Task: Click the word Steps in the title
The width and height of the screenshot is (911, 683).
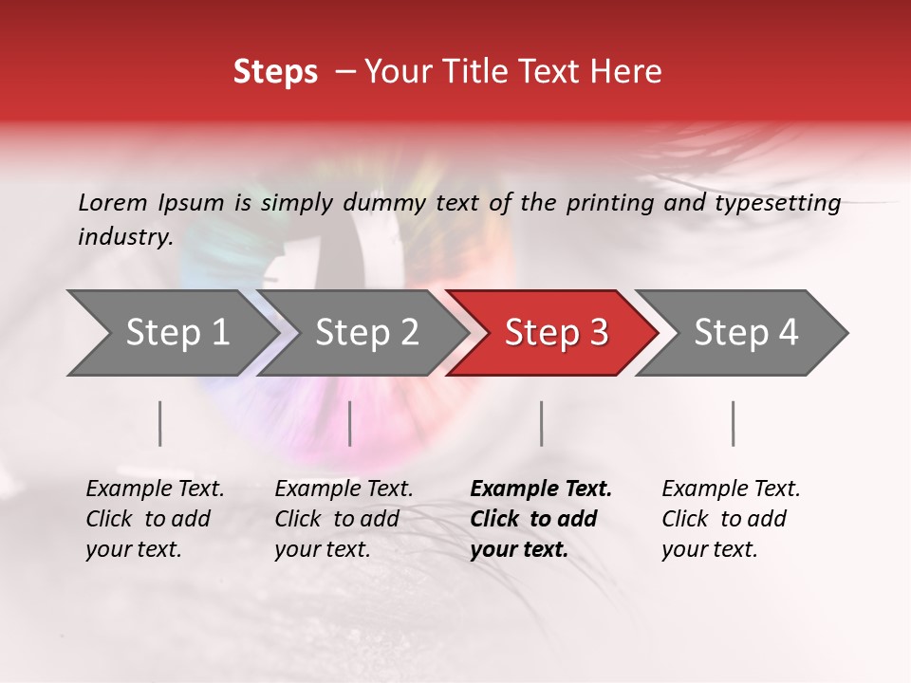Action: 275,72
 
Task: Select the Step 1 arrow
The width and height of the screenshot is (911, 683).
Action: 177,333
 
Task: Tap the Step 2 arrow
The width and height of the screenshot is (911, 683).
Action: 367,333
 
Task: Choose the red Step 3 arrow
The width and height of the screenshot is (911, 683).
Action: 556,333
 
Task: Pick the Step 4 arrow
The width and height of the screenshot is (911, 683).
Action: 746,333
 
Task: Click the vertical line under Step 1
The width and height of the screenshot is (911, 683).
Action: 160,423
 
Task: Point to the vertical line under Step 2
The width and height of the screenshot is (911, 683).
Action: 350,423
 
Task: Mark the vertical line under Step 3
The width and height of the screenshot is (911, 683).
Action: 542,423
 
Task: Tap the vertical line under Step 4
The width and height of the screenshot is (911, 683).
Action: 734,423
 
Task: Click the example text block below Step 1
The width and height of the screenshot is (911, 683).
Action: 155,519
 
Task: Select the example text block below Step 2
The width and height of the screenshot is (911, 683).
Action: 344,519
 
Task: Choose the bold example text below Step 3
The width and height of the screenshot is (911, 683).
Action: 541,519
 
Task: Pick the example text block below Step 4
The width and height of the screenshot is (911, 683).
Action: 731,519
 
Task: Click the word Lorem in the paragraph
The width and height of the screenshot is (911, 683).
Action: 113,203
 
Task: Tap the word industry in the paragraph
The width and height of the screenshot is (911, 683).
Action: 125,237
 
